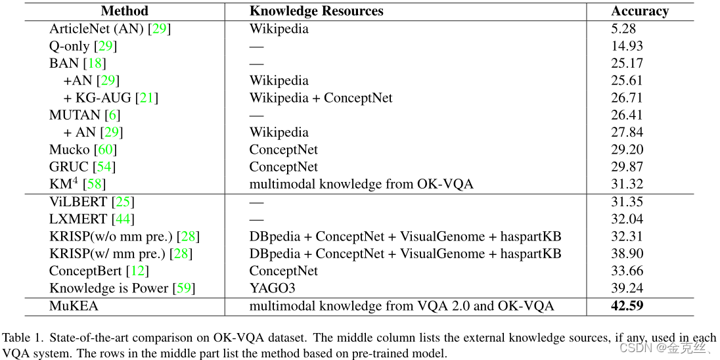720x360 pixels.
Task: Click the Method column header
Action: pos(125,11)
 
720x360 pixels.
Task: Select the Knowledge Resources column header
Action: pos(316,11)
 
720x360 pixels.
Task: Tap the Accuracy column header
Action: pos(640,11)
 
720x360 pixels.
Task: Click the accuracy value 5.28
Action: pos(623,29)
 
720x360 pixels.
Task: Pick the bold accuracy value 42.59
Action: pos(627,305)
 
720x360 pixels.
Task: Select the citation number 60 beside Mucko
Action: pos(105,150)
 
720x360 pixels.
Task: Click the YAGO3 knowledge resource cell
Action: pos(273,288)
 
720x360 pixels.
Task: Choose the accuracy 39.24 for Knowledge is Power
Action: pos(627,288)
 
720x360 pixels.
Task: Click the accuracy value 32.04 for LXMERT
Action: pos(627,219)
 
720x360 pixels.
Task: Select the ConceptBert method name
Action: pos(85,271)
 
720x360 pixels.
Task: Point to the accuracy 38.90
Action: pos(627,254)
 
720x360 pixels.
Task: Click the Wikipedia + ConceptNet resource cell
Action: pos(321,98)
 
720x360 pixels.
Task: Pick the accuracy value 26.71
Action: pos(627,98)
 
